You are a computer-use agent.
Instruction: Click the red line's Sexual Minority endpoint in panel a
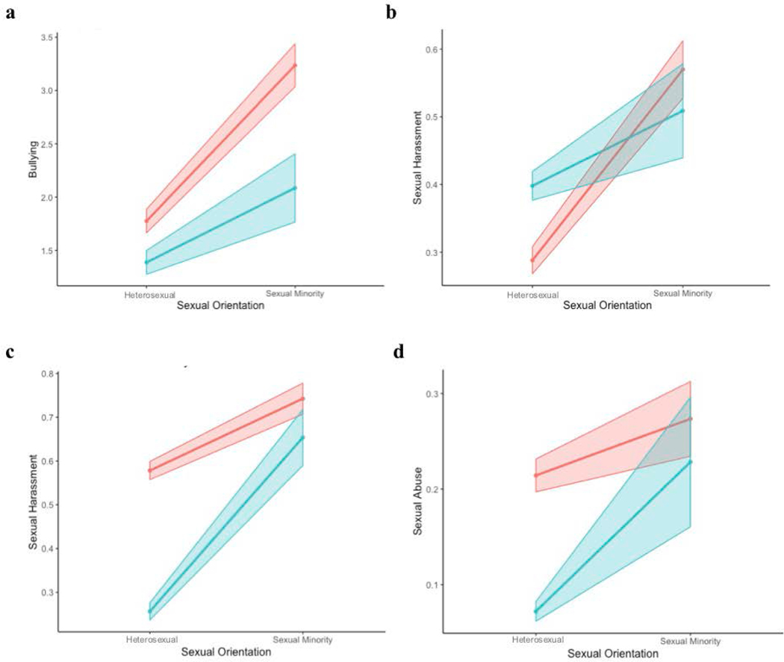coord(296,66)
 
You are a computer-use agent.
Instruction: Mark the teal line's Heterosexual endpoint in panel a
coord(146,262)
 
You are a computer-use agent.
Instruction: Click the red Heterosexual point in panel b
coord(532,260)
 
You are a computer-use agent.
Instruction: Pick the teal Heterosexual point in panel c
coord(149,612)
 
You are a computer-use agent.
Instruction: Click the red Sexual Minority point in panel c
coord(303,399)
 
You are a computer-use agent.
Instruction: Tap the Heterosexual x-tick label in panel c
coord(149,640)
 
